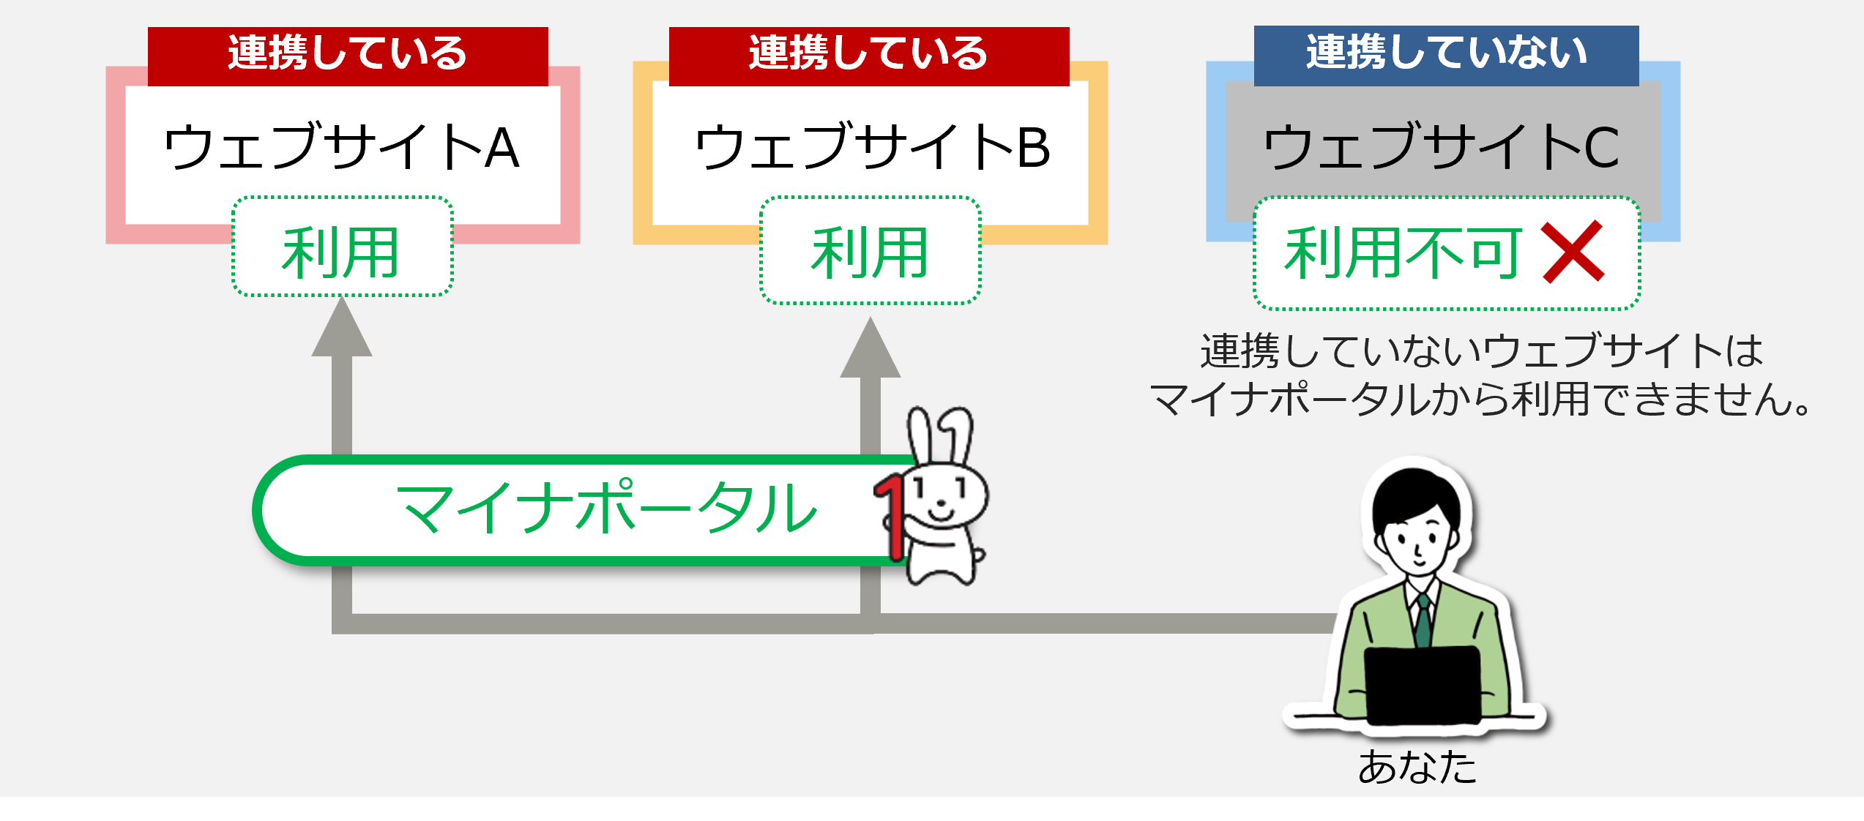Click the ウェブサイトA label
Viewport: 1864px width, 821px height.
(342, 146)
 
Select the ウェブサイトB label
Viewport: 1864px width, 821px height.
(872, 146)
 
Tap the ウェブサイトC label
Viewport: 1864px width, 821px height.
(1442, 146)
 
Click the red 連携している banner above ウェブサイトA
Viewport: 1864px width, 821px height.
(348, 56)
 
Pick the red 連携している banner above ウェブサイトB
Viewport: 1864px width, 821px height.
(869, 56)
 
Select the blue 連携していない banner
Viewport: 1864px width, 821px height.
(1446, 55)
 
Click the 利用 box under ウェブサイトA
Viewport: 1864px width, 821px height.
(343, 247)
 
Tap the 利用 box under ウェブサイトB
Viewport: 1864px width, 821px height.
(871, 250)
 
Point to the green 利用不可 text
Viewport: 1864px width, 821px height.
(1403, 253)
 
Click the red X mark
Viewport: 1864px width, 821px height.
(1573, 252)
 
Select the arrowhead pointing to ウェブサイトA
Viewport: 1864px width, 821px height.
(342, 326)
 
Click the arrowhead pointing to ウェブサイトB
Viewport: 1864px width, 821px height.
(870, 347)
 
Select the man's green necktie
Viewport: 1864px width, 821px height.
(1423, 621)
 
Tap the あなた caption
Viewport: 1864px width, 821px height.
(1417, 767)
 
